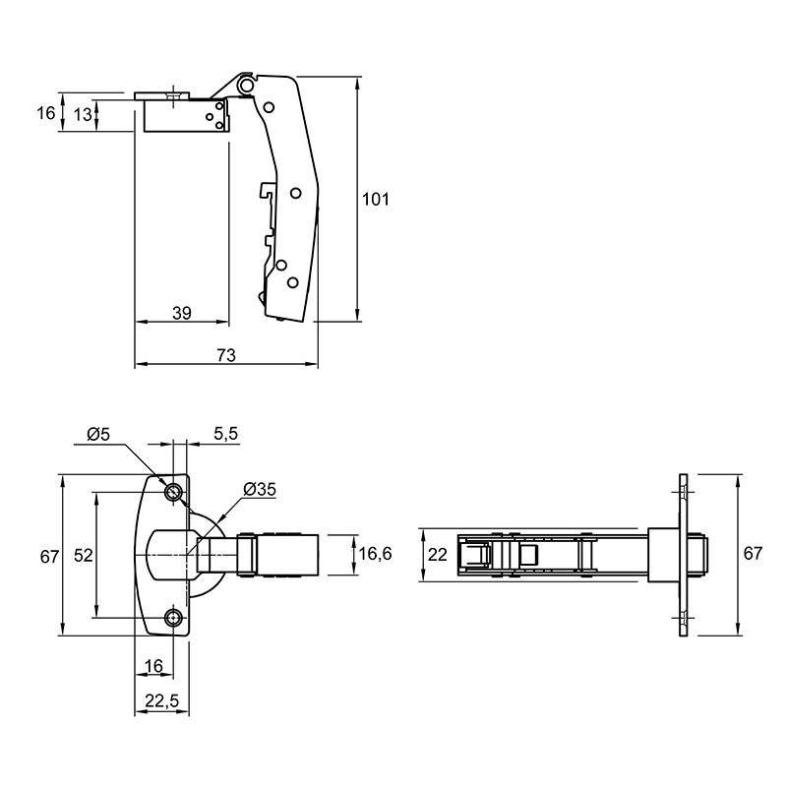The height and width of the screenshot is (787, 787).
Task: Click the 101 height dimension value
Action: pos(376,200)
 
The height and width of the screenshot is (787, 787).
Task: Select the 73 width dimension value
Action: pos(226,355)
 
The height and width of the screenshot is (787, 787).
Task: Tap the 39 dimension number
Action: pos(182,313)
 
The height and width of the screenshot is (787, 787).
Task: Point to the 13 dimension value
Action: pos(83,115)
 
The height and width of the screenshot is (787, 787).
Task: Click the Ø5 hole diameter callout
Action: pos(98,434)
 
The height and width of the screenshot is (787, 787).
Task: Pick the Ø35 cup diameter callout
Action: pos(260,489)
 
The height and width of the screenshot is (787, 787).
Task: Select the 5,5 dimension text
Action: pos(226,434)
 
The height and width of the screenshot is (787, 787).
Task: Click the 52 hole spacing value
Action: pos(84,556)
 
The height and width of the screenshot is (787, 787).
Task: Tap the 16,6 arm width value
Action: pos(376,554)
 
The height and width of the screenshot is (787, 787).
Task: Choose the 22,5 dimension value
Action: pos(161,701)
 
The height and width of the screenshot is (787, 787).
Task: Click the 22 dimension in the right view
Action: pos(437,555)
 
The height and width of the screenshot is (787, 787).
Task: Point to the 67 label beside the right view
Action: pos(753,553)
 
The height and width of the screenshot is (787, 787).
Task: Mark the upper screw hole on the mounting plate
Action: pos(174,493)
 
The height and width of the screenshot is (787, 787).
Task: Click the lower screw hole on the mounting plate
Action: pos(174,618)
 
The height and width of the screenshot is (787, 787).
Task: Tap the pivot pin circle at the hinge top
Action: pos(246,85)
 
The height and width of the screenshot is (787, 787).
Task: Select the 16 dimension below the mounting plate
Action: pos(153,666)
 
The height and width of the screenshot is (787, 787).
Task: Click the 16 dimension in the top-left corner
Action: pos(45,113)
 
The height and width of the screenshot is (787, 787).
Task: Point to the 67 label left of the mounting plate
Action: pos(49,557)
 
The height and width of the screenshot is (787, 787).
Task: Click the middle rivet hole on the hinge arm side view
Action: pos(296,193)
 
